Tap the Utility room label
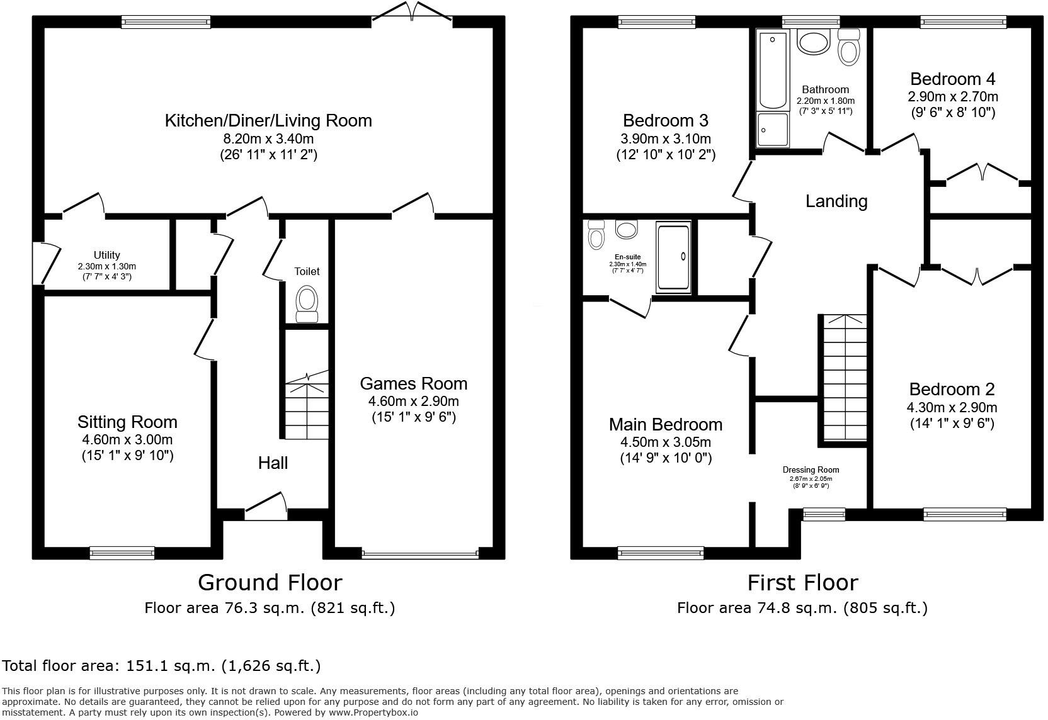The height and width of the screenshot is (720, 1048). coord(106,256)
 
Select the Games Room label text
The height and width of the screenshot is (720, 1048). coord(413,383)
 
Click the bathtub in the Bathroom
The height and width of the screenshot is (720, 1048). coord(773,70)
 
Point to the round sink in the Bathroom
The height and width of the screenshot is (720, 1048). coord(814,43)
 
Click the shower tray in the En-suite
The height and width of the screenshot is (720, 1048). coord(673,256)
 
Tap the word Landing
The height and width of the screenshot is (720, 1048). coord(836,201)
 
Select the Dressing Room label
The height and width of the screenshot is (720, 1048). coord(811,470)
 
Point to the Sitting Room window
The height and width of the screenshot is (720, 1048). coord(122,553)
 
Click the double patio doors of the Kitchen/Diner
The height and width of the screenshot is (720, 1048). coord(412,14)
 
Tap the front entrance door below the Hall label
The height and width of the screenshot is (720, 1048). coord(266,507)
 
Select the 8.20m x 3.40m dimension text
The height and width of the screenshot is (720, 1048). coord(268,138)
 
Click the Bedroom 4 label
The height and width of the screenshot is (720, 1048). coord(952,79)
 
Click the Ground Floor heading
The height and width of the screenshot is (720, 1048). coord(270,583)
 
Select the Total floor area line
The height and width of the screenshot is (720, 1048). coord(161,666)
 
